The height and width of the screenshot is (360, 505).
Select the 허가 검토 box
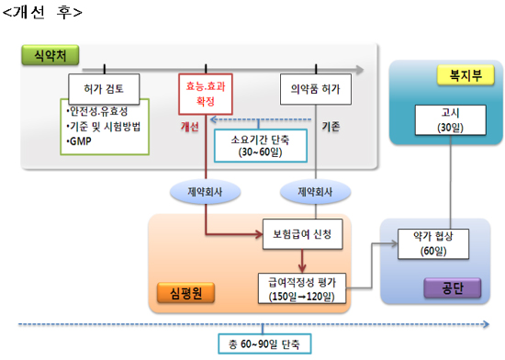point(107,89)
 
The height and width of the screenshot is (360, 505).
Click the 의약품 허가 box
point(316,89)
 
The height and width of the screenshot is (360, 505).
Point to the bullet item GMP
point(78,141)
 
